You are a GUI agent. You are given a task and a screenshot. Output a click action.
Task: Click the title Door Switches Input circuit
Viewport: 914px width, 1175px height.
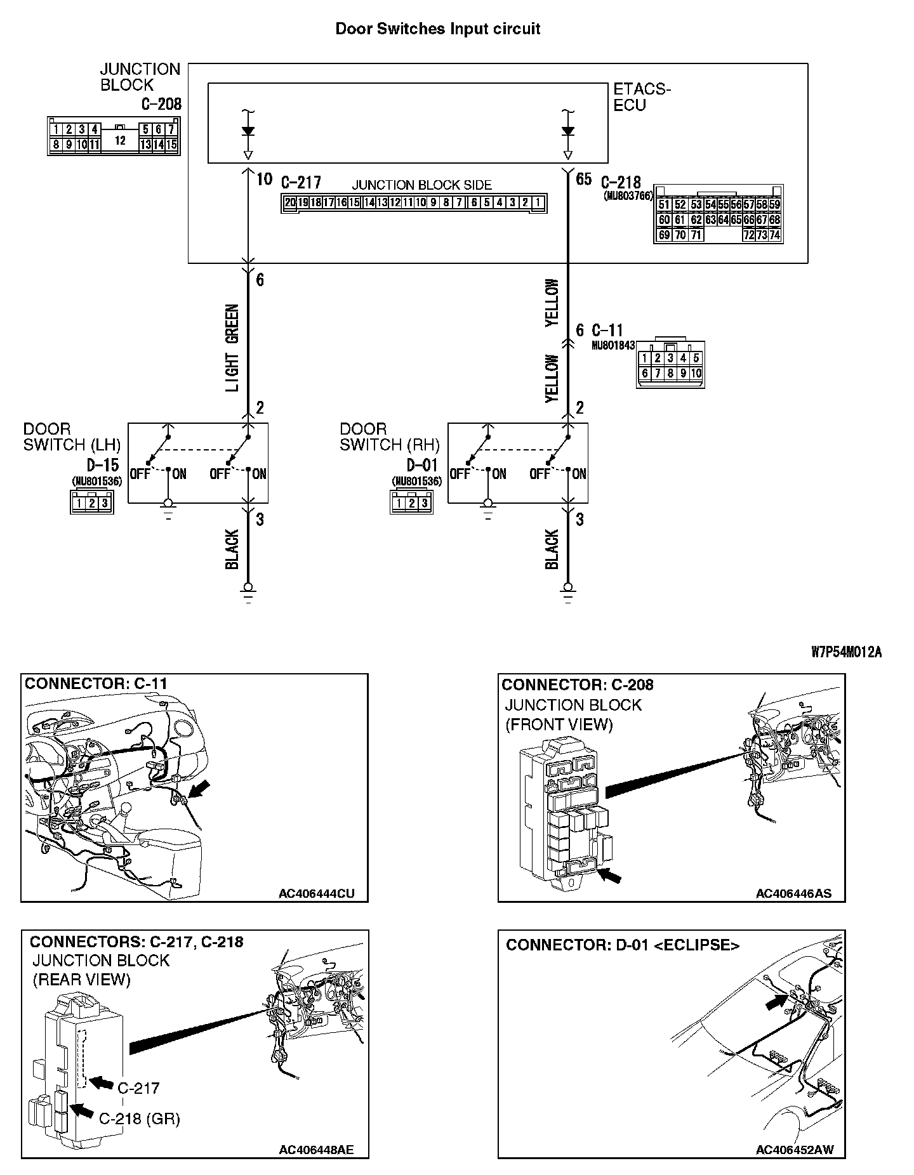tap(437, 29)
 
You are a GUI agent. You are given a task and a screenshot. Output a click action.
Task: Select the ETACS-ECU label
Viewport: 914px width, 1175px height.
tap(642, 97)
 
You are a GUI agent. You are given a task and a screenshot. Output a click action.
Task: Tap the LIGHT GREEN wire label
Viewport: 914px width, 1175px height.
tap(232, 348)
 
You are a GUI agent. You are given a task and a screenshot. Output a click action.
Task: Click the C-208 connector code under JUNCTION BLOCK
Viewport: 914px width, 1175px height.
tap(161, 103)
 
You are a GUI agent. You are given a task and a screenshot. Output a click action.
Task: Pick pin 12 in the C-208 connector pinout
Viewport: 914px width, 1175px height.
tap(120, 140)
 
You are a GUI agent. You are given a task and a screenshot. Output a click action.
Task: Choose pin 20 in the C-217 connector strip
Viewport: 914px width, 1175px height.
tap(290, 203)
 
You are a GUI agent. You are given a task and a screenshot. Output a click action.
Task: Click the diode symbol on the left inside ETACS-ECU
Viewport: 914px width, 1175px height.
tap(248, 131)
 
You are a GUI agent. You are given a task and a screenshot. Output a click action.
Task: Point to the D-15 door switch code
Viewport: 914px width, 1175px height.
tap(103, 464)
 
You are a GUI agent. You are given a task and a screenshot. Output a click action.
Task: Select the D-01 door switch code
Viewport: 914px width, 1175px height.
tap(422, 464)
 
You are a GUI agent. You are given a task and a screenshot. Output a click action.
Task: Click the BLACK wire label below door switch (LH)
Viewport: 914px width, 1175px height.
tap(232, 549)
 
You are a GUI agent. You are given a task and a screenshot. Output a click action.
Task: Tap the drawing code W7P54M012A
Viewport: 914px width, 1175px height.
tap(846, 652)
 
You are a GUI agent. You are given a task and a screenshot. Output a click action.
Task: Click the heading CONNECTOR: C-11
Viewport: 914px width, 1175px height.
tap(96, 683)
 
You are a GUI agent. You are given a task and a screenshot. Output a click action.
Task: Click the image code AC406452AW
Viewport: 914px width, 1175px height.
tap(795, 1149)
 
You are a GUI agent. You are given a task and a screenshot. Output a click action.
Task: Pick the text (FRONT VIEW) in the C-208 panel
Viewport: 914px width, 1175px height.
tap(559, 725)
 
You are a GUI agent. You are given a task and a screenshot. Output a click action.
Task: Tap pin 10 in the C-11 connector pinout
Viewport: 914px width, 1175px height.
tap(696, 373)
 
